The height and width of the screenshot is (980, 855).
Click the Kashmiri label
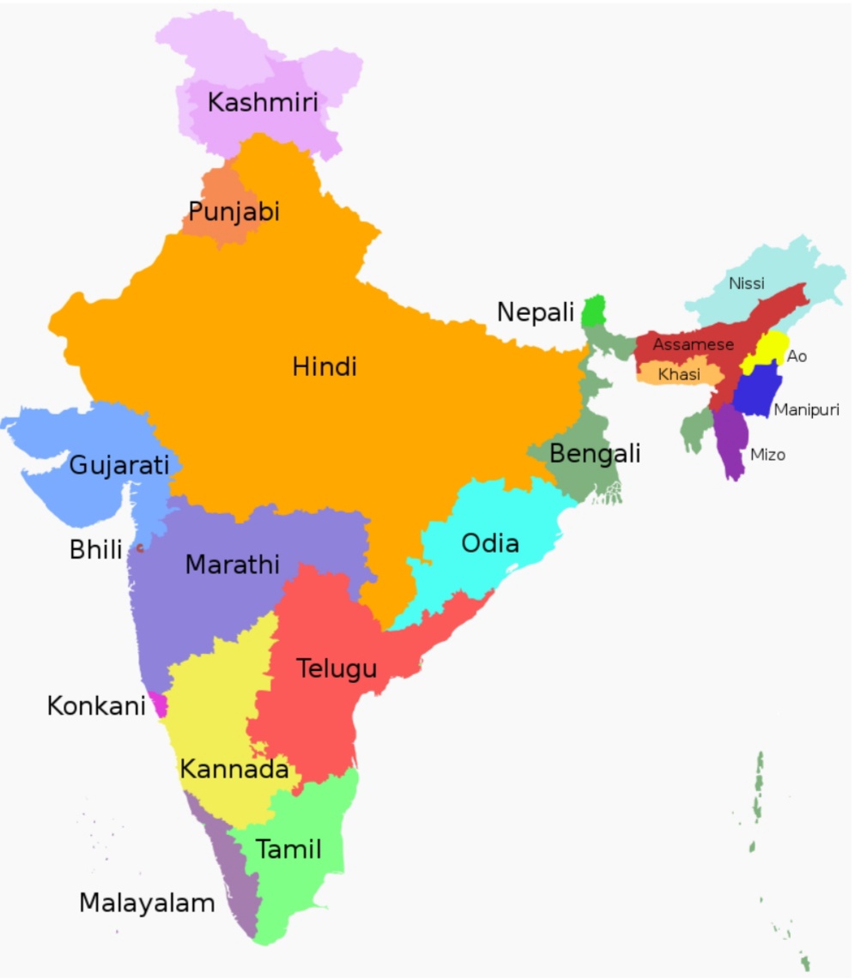[263, 103]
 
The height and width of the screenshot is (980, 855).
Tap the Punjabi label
[233, 211]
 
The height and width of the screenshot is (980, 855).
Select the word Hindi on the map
[324, 367]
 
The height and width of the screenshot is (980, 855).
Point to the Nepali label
[536, 313]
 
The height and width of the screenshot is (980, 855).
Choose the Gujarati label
[119, 466]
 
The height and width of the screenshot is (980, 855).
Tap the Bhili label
[96, 550]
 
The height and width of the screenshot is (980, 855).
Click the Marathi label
[233, 565]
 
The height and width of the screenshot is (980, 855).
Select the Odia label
[490, 543]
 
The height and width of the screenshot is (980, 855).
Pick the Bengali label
[595, 453]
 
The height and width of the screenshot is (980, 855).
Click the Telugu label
[337, 668]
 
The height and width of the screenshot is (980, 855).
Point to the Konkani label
[95, 706]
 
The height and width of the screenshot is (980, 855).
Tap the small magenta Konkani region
[158, 705]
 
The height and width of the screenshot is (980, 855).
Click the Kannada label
[233, 770]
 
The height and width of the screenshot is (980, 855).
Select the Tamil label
[289, 850]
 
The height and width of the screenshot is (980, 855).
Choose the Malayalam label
[147, 903]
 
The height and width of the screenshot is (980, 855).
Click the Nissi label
[746, 283]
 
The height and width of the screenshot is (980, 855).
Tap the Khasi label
[679, 375]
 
